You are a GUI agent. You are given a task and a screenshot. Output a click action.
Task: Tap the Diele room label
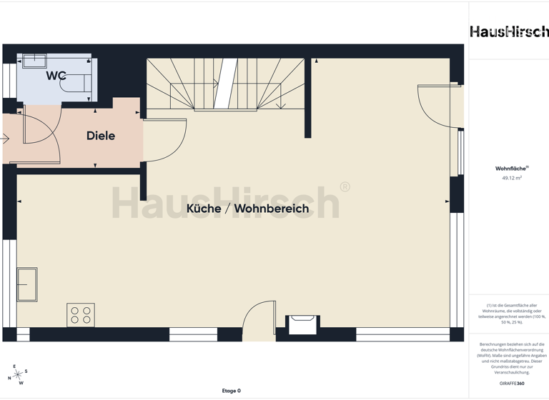101,136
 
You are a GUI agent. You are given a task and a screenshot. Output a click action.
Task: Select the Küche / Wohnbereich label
247,209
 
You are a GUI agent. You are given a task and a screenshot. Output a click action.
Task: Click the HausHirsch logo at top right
509,31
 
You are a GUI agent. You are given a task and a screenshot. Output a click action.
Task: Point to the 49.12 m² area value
511,178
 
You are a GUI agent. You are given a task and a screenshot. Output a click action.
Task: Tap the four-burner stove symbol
81,314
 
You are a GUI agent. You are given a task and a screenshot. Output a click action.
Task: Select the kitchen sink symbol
27,284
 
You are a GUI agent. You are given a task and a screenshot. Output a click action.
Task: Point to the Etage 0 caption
231,391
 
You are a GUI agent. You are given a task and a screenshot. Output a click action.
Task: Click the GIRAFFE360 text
511,384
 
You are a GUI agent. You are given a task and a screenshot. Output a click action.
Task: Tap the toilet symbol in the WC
75,84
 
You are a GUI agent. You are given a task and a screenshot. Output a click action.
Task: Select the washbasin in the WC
33,61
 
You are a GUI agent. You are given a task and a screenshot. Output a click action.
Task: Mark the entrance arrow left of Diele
5,139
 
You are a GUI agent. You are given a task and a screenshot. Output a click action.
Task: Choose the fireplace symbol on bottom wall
302,323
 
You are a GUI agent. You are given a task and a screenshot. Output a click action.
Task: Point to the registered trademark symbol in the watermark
345,187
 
